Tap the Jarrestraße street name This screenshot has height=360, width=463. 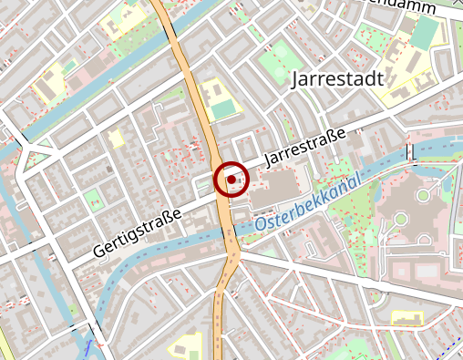tap(304, 147)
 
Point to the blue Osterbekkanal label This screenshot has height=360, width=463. tap(308, 206)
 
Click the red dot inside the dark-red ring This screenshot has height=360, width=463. tap(231, 180)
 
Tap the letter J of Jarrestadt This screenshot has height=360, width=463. tap(295, 79)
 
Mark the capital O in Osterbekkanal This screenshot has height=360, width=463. tap(261, 223)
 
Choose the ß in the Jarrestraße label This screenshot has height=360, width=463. tap(331, 137)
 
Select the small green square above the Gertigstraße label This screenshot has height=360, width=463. tap(92, 199)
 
